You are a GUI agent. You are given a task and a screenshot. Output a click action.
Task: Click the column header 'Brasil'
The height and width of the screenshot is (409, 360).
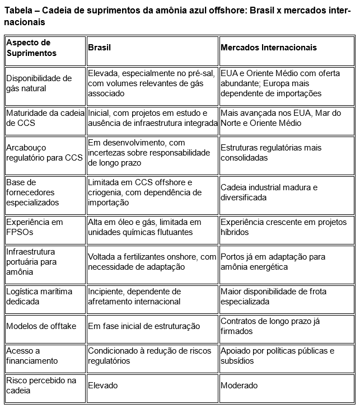[x=99, y=48]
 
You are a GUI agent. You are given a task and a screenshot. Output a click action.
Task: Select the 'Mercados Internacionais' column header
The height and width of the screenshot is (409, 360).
[x=268, y=48]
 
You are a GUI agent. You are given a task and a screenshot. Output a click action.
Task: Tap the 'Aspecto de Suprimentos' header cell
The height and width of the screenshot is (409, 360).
[x=31, y=48]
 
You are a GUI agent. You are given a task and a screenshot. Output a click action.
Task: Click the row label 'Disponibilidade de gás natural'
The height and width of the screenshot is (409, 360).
[x=39, y=83]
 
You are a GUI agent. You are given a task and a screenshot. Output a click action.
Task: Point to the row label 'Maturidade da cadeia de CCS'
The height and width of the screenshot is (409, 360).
[x=39, y=118]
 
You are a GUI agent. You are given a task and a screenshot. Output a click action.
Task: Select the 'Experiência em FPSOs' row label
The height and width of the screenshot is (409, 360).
[x=35, y=227]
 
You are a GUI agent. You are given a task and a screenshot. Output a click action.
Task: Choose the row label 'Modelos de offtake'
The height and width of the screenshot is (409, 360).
[x=41, y=326]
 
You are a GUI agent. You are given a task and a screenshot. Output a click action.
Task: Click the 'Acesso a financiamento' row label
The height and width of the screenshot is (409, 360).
[x=32, y=356]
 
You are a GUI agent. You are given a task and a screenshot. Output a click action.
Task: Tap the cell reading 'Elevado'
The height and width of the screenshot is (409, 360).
[x=103, y=386]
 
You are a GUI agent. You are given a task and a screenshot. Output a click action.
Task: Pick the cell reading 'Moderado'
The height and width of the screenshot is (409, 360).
[x=239, y=386]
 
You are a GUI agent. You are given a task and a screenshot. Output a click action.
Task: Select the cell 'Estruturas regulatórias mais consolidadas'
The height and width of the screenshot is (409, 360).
[x=271, y=153]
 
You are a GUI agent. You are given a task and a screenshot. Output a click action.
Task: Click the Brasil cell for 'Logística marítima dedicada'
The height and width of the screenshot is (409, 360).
[x=134, y=297]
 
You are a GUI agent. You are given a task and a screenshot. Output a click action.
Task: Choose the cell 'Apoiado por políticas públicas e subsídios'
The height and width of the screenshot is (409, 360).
[x=277, y=356]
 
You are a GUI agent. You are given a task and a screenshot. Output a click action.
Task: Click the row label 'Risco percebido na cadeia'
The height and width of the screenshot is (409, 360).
[x=41, y=386]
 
